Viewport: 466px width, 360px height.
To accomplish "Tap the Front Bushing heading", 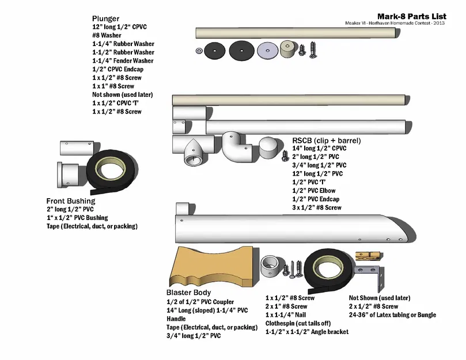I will tap(71, 201).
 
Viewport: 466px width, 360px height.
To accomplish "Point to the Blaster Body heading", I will tap(189, 292).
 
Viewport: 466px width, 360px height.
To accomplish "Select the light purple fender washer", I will tap(266, 50).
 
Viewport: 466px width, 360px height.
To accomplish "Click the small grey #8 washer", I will tap(199, 50).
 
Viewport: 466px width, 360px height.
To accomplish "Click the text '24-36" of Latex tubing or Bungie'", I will tap(392, 315).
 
